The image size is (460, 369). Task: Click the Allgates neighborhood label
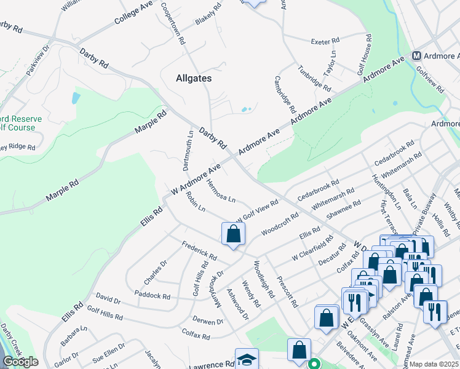(193, 78)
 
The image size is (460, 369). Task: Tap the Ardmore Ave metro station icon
(416, 55)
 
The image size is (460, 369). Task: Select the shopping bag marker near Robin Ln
(233, 234)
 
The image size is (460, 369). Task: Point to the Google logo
(20, 362)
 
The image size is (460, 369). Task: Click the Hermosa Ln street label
(221, 191)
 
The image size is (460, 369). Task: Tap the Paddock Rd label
(154, 295)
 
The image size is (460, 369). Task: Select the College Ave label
(133, 13)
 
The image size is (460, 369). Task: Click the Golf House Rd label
(368, 54)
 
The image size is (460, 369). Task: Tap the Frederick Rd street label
(199, 250)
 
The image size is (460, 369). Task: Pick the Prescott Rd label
(287, 291)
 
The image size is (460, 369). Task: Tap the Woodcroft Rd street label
(280, 224)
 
